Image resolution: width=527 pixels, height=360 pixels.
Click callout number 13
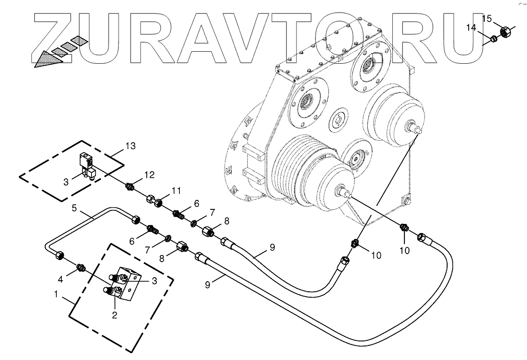pos(130,146)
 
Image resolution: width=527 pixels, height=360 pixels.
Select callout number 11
pos(175,190)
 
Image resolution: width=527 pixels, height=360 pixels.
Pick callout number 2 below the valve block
pos(115,315)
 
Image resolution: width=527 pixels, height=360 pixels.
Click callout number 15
pos(487,19)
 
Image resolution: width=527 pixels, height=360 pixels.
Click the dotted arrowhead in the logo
pos(48,57)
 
